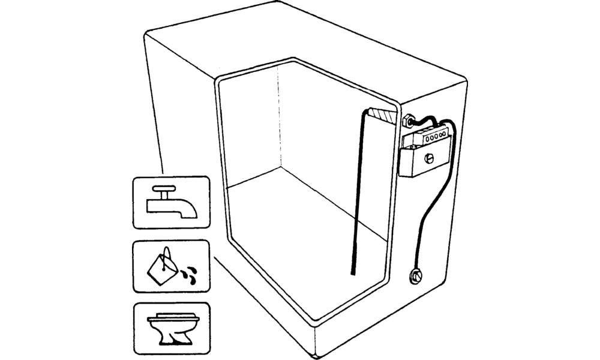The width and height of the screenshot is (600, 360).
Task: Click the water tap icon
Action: [171, 202]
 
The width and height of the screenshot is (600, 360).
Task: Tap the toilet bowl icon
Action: [171, 329]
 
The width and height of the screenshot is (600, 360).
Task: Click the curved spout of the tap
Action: [190, 208]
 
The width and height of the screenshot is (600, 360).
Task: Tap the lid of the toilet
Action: [171, 317]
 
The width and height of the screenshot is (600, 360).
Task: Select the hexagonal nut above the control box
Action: [407, 120]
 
